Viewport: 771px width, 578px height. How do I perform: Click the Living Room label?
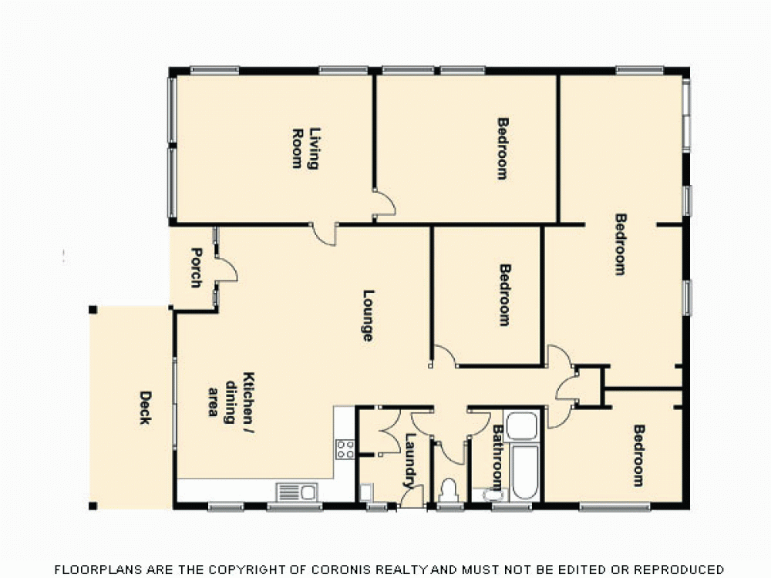[x=304, y=147]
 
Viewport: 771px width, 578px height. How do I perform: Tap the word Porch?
[x=196, y=267]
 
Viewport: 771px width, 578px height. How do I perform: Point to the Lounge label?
[x=368, y=315]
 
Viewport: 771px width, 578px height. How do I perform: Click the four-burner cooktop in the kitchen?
[x=345, y=449]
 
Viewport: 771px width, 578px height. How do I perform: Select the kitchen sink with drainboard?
[x=296, y=491]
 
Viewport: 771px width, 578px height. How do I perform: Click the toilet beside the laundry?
[x=448, y=491]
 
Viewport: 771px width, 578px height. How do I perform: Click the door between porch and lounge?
[x=225, y=270]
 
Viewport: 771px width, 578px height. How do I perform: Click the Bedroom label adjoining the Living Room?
[x=503, y=148]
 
